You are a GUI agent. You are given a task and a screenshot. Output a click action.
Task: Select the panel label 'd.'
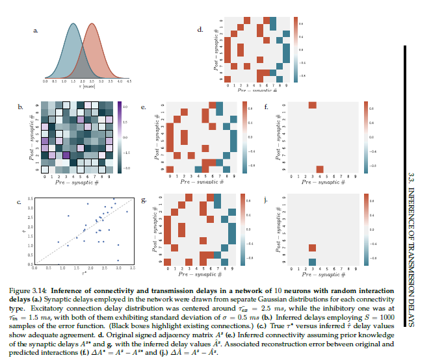point(200,29)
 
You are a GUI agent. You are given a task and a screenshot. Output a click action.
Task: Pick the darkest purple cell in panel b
point(64,154)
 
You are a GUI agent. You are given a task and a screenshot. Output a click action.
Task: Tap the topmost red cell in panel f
point(313,105)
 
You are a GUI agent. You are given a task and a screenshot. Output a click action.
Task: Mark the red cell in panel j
point(313,248)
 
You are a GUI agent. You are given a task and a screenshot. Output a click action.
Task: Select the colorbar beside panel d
point(296,49)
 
